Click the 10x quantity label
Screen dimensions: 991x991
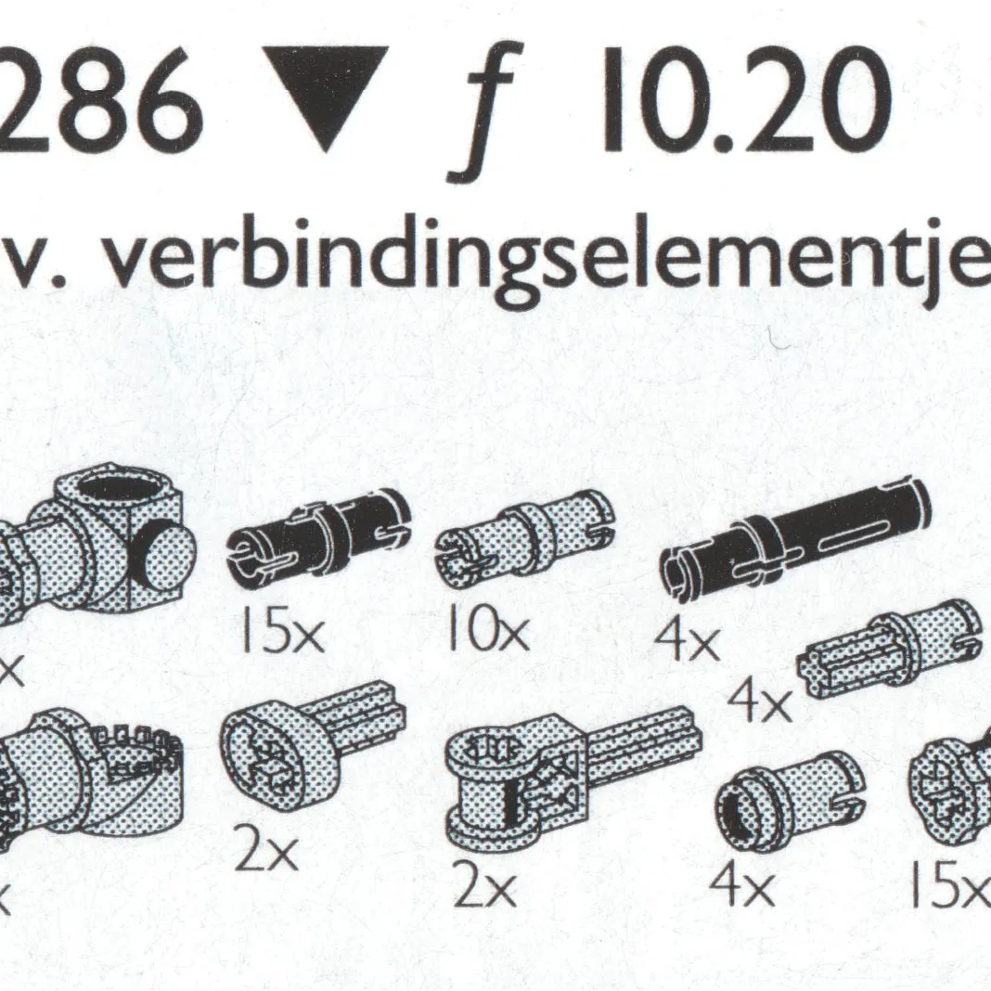[x=485, y=635]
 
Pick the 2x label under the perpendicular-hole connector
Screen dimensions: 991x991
[x=485, y=891]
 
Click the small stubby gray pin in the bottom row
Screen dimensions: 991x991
[x=789, y=797]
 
